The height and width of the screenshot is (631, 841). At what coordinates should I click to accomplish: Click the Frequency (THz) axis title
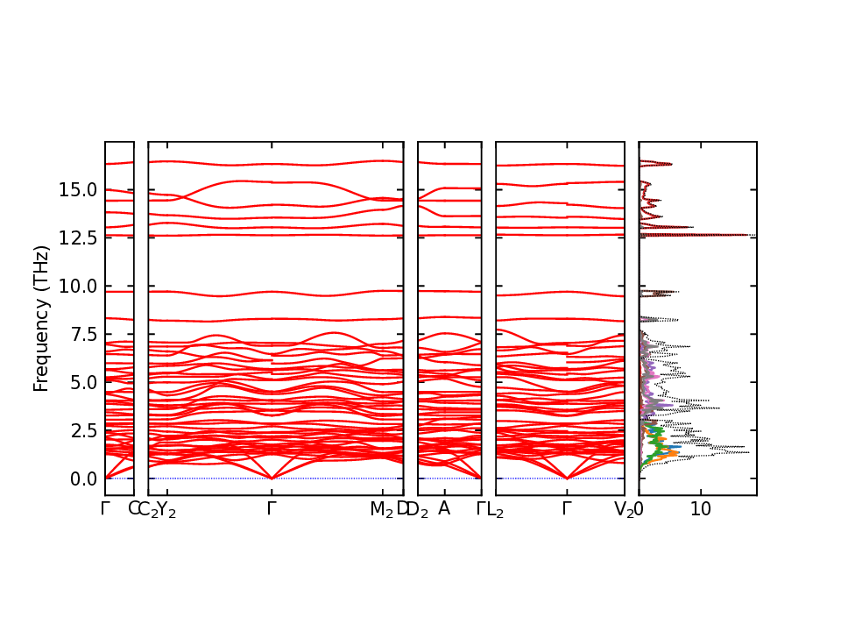41,318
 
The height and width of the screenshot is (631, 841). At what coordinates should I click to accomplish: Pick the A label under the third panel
444,508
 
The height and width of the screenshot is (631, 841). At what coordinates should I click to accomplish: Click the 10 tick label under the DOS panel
700,509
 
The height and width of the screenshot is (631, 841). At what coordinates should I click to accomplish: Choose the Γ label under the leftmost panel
105,508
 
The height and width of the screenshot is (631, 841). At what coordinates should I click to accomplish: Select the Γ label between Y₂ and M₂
272,508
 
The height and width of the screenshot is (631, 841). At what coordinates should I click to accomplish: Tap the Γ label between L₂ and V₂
567,508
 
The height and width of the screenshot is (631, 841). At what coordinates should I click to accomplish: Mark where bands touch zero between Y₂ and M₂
272,479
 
